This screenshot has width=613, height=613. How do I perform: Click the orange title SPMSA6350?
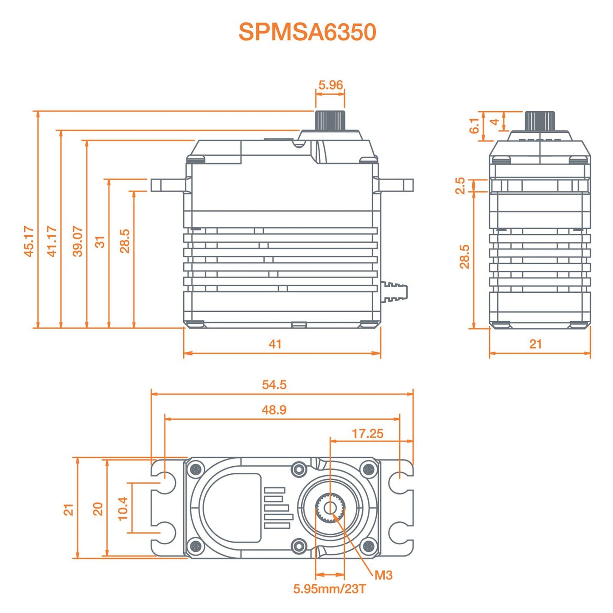pos(307,32)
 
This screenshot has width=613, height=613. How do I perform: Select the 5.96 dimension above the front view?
pos(330,85)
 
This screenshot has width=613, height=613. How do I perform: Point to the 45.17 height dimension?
pos(28,241)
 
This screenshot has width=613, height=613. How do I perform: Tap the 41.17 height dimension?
pos(52,241)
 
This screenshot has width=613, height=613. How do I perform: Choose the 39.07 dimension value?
pos(78,241)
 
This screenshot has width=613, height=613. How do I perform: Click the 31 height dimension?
pos(100,242)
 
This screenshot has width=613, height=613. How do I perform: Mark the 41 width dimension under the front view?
pos(275,344)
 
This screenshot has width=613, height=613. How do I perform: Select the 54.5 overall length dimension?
pos(274,385)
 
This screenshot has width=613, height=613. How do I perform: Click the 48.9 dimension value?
pos(274,410)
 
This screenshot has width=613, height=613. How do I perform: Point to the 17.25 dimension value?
pos(367,434)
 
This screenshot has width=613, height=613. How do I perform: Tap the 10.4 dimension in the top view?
pos(123,509)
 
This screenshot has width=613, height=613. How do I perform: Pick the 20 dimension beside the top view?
pos(98,509)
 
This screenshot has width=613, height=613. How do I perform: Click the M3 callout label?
pos(383,575)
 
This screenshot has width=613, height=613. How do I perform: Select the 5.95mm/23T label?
pos(329,589)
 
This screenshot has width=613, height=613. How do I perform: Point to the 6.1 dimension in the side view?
pos(474,126)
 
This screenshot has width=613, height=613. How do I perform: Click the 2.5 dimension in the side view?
pos(460,186)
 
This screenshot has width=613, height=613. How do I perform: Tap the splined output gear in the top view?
pos(330,508)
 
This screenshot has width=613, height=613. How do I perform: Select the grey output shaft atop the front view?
pos(330,120)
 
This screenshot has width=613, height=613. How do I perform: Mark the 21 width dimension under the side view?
pos(535,344)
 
